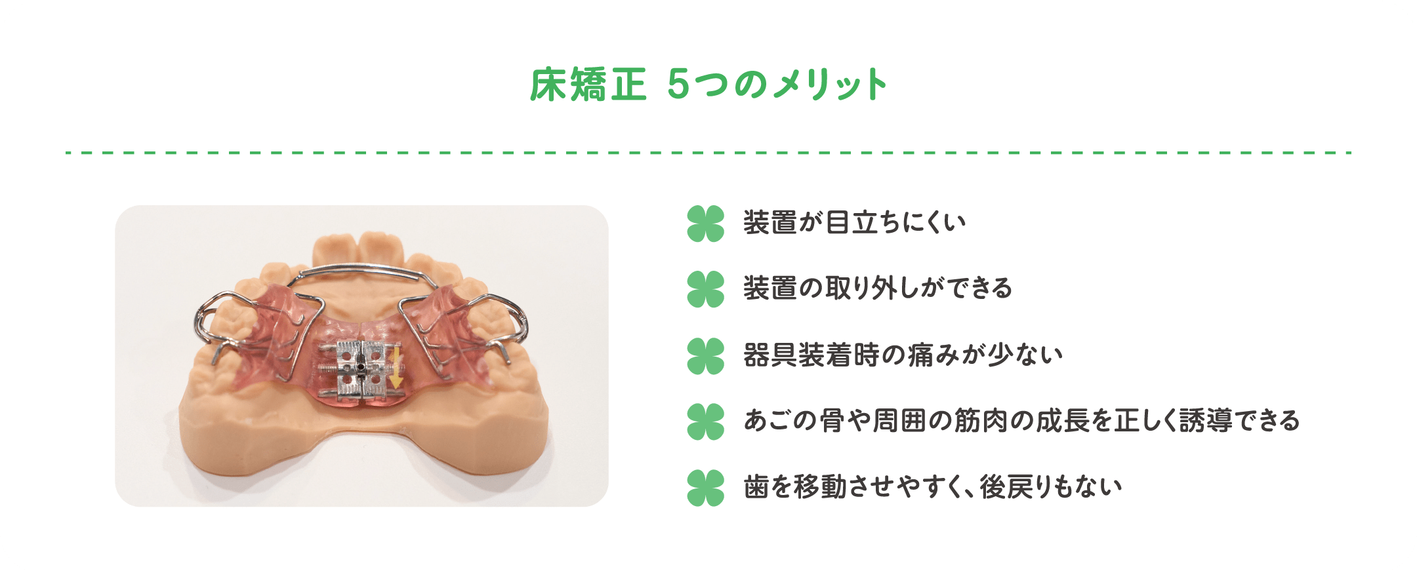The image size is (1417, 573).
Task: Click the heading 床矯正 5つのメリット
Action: (x=708, y=85)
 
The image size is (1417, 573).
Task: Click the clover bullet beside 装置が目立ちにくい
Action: (x=706, y=224)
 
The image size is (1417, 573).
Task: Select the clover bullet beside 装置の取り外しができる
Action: (x=706, y=289)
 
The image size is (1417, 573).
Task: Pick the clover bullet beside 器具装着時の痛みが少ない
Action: (x=706, y=356)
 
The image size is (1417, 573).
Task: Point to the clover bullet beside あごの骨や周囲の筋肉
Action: (x=706, y=422)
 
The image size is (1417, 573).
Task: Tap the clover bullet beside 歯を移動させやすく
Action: (x=706, y=488)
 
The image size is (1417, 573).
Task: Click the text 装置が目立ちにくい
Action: (x=854, y=223)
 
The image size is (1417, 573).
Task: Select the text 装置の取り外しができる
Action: (x=878, y=288)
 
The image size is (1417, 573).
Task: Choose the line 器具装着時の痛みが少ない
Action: (x=903, y=355)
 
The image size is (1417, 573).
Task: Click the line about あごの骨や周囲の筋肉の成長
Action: (x=1021, y=421)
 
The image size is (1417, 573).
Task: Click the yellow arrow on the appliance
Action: (x=396, y=368)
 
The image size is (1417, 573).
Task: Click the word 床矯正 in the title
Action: (x=588, y=85)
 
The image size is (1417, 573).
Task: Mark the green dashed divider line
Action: (x=708, y=153)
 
